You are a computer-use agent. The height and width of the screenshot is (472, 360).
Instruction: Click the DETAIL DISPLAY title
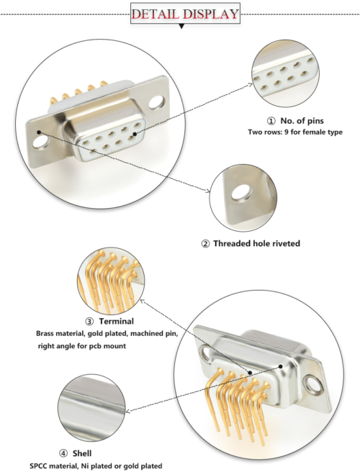point(184,14)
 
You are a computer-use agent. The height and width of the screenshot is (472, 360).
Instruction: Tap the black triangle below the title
point(181,27)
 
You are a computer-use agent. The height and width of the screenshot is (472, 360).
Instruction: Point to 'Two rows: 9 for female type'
point(295,132)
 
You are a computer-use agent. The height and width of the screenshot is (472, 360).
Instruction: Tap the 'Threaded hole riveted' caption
point(256,243)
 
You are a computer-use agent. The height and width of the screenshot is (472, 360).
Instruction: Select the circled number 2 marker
point(205,243)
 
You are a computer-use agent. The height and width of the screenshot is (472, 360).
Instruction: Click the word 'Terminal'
point(116,321)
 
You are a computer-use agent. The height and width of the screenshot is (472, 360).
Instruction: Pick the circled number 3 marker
point(89,321)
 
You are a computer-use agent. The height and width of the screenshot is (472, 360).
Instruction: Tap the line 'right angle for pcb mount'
point(82,346)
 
